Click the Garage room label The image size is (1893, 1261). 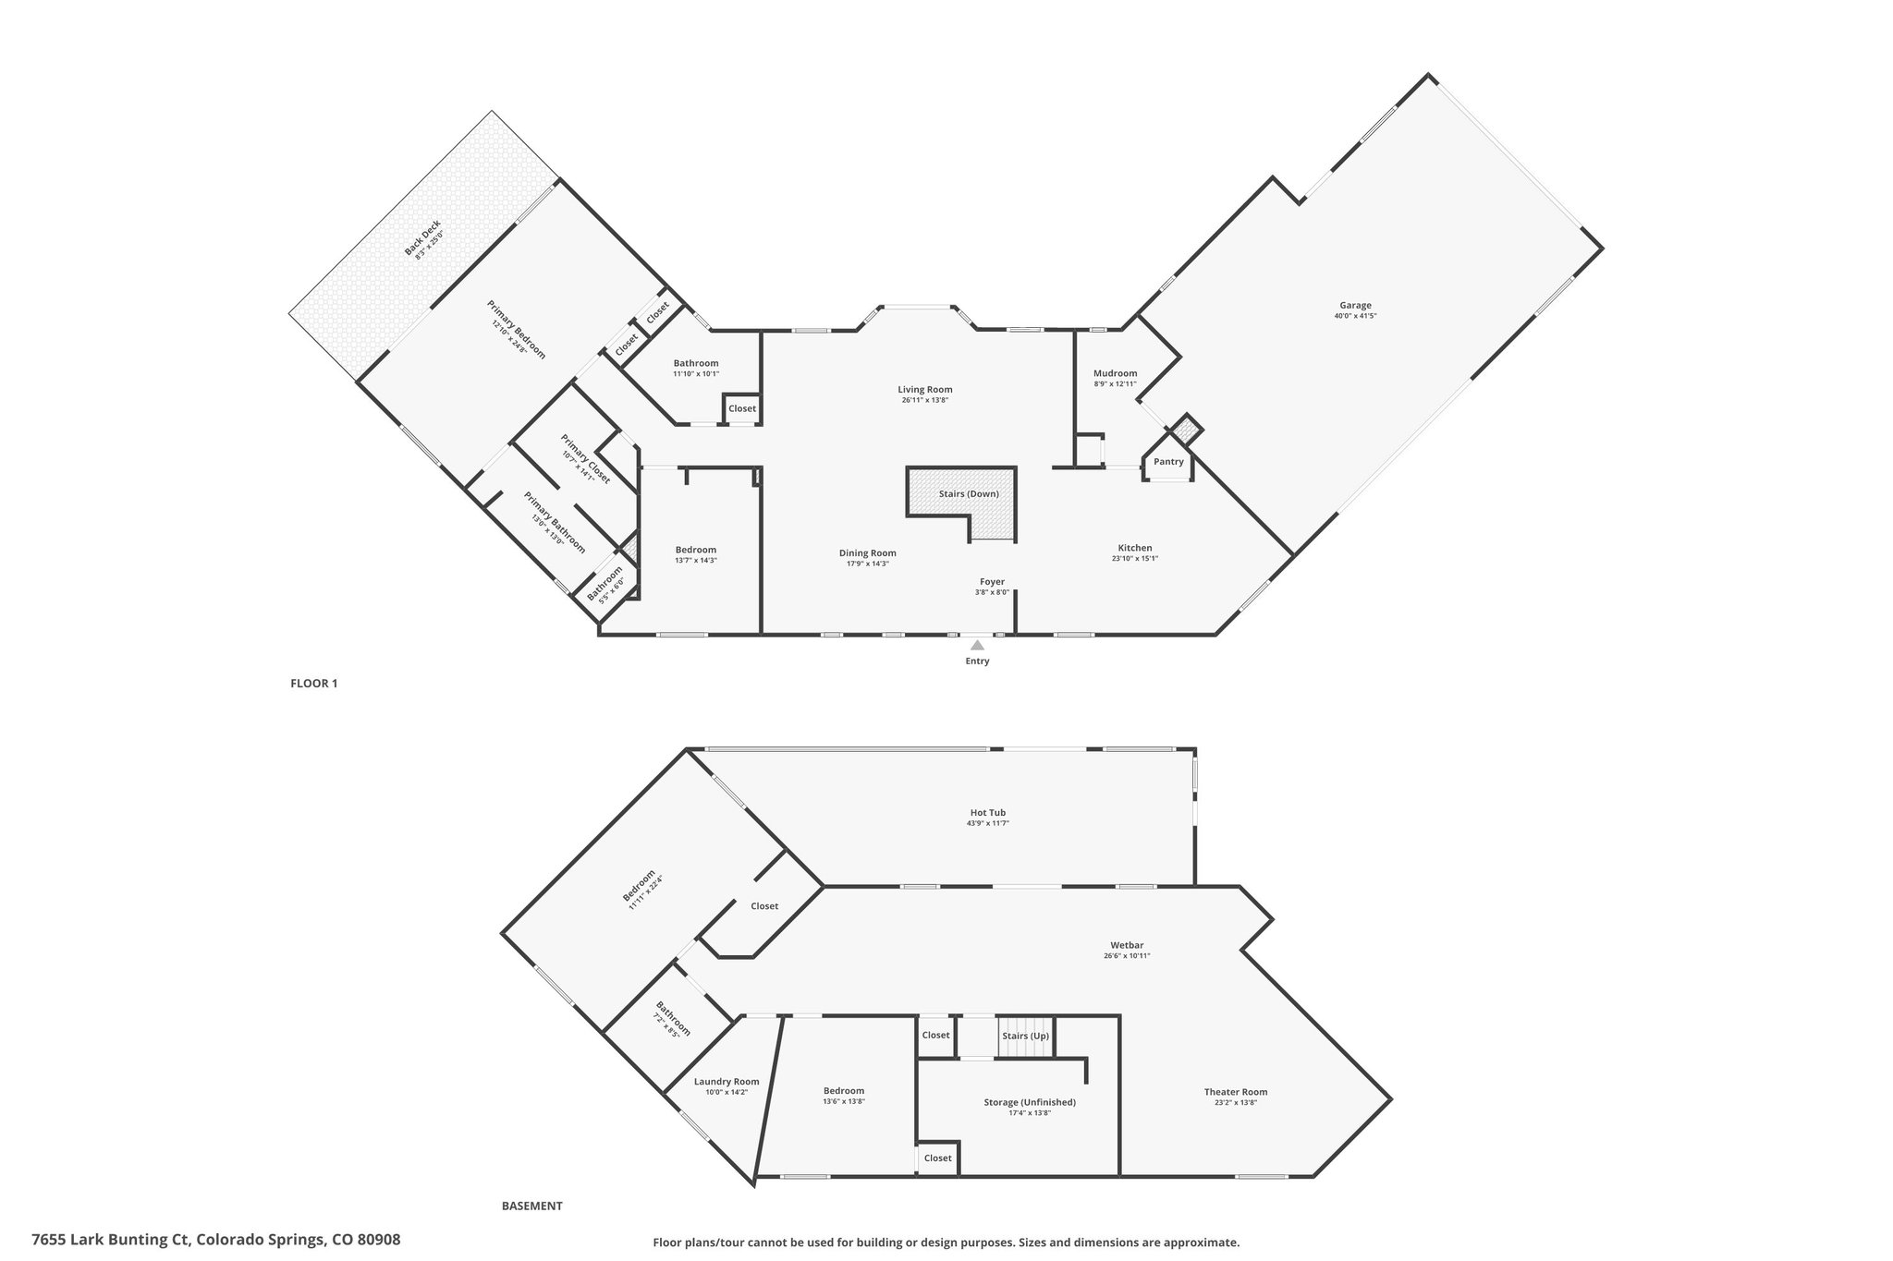pyautogui.click(x=1355, y=305)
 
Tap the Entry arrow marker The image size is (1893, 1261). pyautogui.click(x=977, y=645)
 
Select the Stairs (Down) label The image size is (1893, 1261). pyautogui.click(x=969, y=493)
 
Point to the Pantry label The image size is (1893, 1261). pyautogui.click(x=1168, y=462)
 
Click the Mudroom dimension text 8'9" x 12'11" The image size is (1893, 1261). pyautogui.click(x=1115, y=384)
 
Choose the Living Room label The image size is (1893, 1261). pyautogui.click(x=925, y=389)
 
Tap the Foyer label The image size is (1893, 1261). pyautogui.click(x=992, y=582)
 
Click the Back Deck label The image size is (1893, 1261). pyautogui.click(x=422, y=237)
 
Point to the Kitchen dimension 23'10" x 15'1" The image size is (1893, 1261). pyautogui.click(x=1134, y=558)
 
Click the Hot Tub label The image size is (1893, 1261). pyautogui.click(x=988, y=812)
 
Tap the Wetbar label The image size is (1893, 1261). pyautogui.click(x=1127, y=945)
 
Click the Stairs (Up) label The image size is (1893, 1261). pyautogui.click(x=1025, y=1035)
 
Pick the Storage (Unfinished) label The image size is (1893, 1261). pyautogui.click(x=1030, y=1102)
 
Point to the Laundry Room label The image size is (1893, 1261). pyautogui.click(x=727, y=1082)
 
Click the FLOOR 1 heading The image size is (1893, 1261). pyautogui.click(x=314, y=684)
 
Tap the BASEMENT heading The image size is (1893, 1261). pyautogui.click(x=532, y=1206)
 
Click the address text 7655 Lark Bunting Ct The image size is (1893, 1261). pyautogui.click(x=111, y=1240)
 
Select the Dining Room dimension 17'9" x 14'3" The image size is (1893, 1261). pyautogui.click(x=868, y=564)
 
